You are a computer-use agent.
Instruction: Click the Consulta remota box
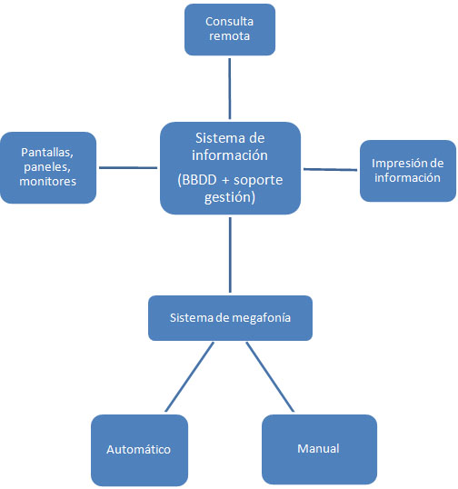pos(230,30)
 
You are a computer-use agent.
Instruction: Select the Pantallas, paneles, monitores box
pos(48,168)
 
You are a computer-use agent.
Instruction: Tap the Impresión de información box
pos(408,171)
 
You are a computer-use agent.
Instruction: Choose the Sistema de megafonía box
pos(230,318)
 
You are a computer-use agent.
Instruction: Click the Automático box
pos(139,450)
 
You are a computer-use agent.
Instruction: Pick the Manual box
pos(319,449)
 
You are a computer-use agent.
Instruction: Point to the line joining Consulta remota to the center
pos(230,88)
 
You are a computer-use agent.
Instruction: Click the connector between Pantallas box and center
pos(128,168)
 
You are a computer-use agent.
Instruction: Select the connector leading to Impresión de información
pos(330,170)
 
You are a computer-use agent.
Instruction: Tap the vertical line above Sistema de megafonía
pos(230,254)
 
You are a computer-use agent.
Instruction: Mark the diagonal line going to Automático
pos(190,376)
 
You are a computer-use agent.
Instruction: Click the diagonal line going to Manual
pos(270,376)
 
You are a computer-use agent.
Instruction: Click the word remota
pos(230,36)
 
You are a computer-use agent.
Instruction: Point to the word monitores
pos(47,182)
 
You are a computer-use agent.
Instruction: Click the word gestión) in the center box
pos(230,197)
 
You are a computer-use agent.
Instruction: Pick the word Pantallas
pos(47,153)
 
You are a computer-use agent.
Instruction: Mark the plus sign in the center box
pos(225,181)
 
